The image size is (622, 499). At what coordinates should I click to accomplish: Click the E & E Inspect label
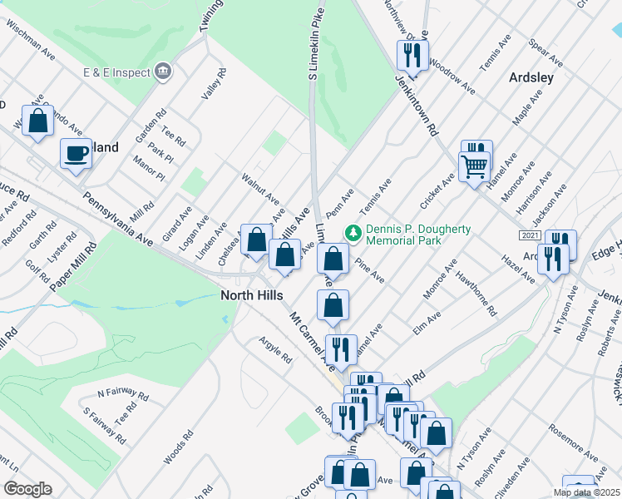116,72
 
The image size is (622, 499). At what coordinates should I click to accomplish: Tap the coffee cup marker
77,154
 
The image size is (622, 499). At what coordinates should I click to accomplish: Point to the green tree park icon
353,233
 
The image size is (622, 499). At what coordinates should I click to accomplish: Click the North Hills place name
252,295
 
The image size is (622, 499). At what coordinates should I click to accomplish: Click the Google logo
27,489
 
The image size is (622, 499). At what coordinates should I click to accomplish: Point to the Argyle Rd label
275,353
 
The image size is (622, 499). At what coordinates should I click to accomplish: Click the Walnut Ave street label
260,188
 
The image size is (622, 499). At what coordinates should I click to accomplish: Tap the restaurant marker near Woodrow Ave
415,56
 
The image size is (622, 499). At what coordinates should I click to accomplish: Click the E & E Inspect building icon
164,72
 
